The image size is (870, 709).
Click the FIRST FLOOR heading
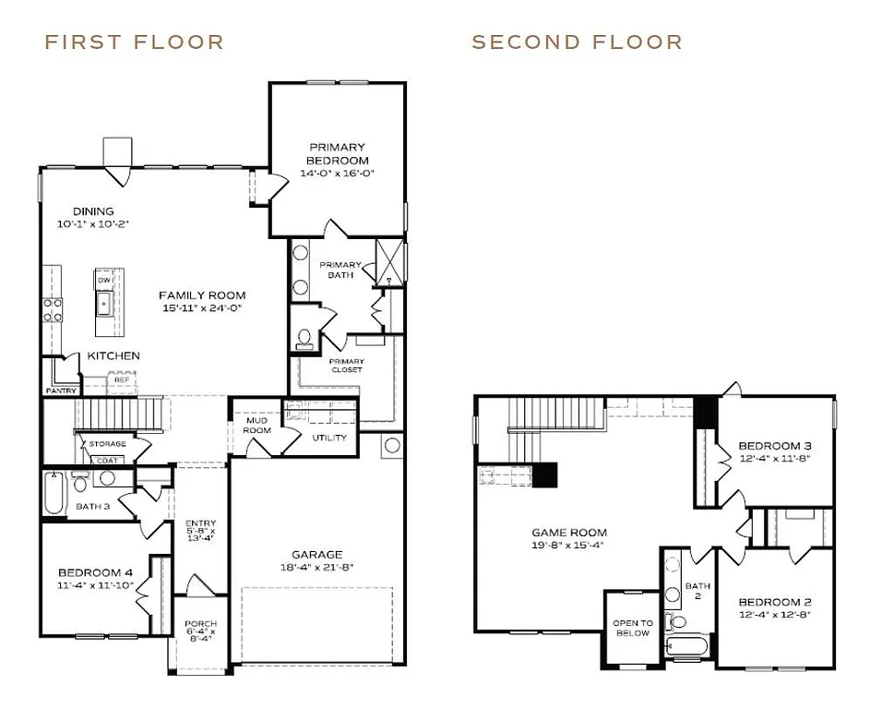pyautogui.click(x=134, y=42)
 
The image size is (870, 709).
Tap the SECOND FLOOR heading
pyautogui.click(x=577, y=42)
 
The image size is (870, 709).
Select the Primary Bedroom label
pyautogui.click(x=337, y=153)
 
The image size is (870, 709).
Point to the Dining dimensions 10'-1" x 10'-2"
pyautogui.click(x=94, y=224)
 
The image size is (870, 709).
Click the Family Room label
pyautogui.click(x=202, y=295)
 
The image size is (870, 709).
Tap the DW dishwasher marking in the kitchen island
pyautogui.click(x=104, y=280)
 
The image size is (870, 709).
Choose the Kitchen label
pyautogui.click(x=113, y=355)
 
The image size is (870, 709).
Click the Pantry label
pyautogui.click(x=61, y=391)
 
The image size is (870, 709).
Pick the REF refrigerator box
pyautogui.click(x=121, y=379)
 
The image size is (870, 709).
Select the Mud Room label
pyautogui.click(x=256, y=426)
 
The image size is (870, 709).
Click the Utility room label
pyautogui.click(x=329, y=438)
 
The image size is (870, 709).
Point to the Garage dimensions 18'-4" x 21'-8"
pyautogui.click(x=318, y=567)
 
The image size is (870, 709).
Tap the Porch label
pyautogui.click(x=200, y=624)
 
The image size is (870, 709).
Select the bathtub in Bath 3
pyautogui.click(x=54, y=493)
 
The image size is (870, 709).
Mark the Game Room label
pyautogui.click(x=569, y=532)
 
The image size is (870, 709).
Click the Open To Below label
pyautogui.click(x=633, y=628)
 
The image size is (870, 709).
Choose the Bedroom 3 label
pyautogui.click(x=775, y=446)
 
